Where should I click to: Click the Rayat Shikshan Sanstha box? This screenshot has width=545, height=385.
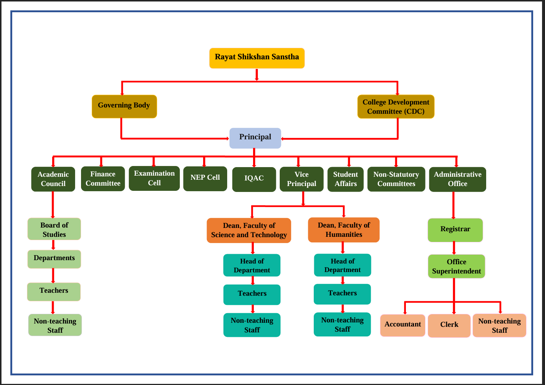(257, 58)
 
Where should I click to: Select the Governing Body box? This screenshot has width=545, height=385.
(124, 106)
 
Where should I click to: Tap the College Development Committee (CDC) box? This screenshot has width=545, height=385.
(396, 107)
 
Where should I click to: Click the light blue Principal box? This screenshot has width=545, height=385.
(255, 138)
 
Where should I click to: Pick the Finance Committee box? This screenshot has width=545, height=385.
(103, 179)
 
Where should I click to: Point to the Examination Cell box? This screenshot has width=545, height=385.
(154, 178)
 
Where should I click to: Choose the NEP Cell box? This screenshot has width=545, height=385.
(205, 178)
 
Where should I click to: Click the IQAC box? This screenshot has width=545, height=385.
(254, 179)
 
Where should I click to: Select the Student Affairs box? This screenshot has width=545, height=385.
(345, 179)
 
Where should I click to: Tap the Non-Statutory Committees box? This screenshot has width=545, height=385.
(396, 179)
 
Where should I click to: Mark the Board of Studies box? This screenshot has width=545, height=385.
(54, 229)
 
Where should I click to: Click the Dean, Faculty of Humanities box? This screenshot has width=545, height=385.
(343, 230)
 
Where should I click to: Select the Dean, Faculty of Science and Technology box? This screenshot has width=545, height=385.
(249, 230)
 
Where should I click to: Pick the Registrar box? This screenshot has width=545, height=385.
(455, 230)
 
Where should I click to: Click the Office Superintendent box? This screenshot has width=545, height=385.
(456, 266)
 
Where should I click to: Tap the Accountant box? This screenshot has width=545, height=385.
(403, 325)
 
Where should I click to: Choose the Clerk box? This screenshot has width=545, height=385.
(449, 325)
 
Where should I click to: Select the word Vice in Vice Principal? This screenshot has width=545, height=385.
(302, 174)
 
